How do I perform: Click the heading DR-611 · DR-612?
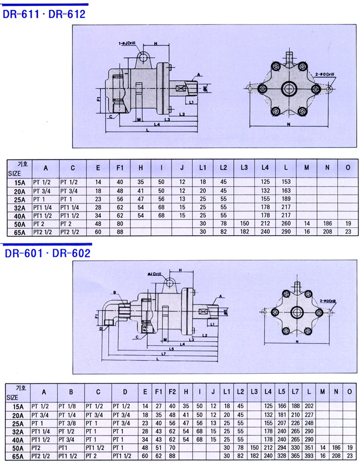[44, 14]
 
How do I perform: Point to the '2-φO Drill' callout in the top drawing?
[325, 73]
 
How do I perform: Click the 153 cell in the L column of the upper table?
[285, 182]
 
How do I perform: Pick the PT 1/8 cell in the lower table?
[68, 405]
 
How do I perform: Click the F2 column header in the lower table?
[172, 391]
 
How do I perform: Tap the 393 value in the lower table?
[309, 456]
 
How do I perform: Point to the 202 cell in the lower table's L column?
[309, 405]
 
